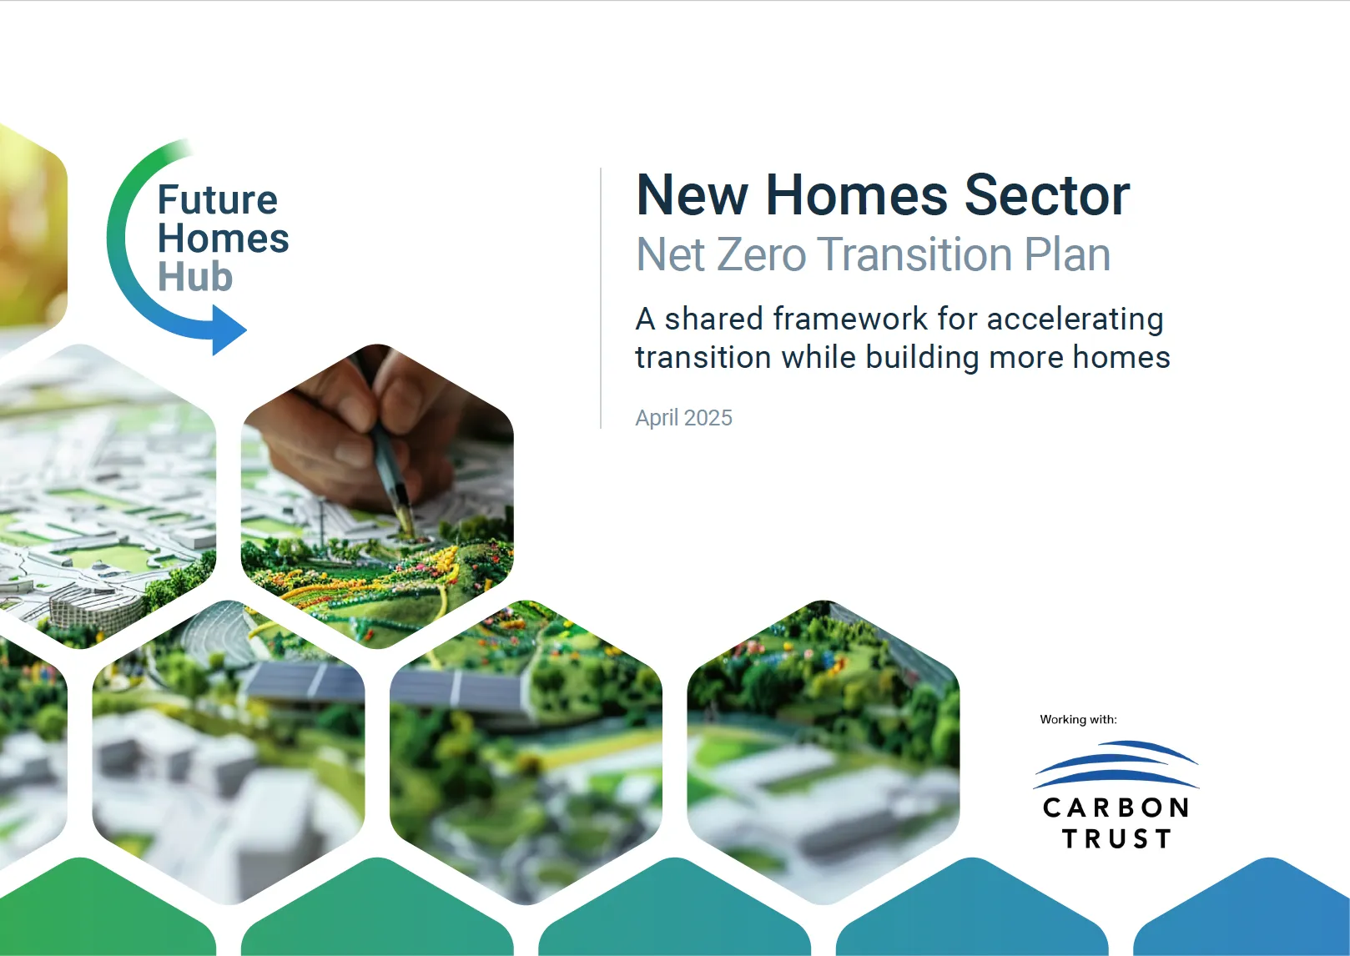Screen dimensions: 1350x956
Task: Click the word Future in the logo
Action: [x=218, y=199]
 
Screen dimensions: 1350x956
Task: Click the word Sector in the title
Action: [x=1047, y=195]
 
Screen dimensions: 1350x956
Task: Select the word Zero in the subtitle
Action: [x=762, y=254]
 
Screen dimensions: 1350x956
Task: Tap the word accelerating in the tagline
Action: [x=1075, y=320]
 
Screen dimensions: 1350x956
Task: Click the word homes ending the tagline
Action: [x=1121, y=357]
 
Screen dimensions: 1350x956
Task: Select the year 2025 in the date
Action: [x=708, y=418]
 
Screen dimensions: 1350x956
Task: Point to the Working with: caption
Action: [x=1078, y=719]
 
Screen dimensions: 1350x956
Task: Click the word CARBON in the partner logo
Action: [x=1116, y=808]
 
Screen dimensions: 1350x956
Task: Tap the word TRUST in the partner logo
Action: [x=1116, y=838]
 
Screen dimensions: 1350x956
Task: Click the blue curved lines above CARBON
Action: [x=1116, y=764]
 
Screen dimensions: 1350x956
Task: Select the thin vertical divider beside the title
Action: [x=601, y=298]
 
